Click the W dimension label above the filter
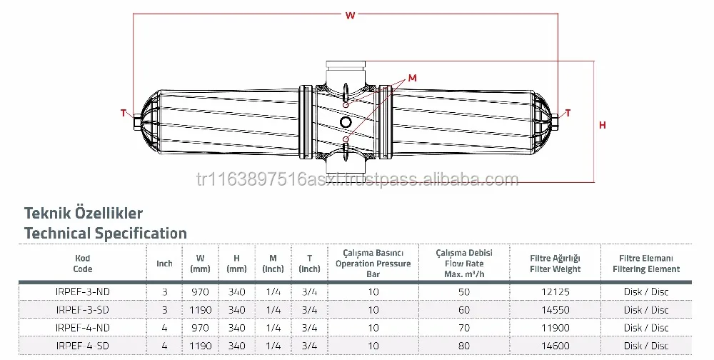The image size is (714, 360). point(349,15)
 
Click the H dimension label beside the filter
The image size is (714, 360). point(602,125)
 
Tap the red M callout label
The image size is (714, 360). point(413,77)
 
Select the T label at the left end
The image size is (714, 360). point(123,113)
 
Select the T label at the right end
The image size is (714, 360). point(568,112)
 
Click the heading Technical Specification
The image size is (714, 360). point(106,233)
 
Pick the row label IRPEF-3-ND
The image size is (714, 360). point(82,292)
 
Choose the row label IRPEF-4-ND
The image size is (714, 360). point(82,327)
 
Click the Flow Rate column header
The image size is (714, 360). point(464,262)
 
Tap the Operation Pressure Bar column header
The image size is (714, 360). point(374,263)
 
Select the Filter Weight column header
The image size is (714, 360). point(555,264)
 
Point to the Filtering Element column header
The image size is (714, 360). point(645,264)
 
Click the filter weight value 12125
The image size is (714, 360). point(555,292)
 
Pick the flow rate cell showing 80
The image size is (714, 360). point(464,345)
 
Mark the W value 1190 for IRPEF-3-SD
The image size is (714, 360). point(199,310)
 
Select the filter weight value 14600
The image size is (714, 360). point(555,345)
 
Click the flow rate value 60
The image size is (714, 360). point(464,310)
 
